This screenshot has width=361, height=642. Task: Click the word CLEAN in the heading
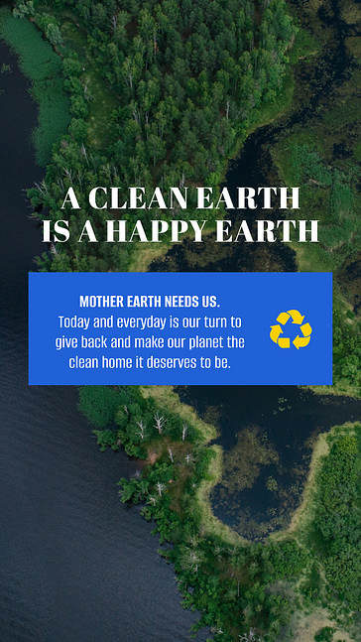point(135,199)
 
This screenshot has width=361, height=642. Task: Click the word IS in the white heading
point(55,232)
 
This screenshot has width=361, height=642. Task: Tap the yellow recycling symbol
point(291,328)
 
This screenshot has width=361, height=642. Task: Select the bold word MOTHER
point(103,301)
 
